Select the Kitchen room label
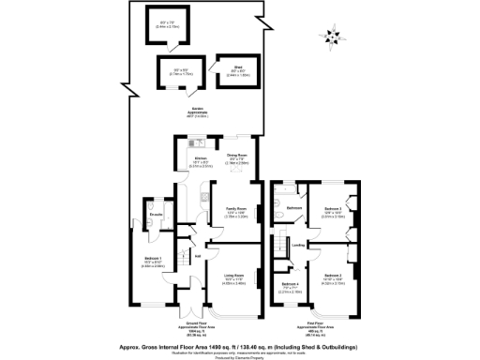(x=200, y=159)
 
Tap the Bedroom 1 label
(x=154, y=258)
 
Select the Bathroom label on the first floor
(x=293, y=207)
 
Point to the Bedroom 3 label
(x=333, y=207)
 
